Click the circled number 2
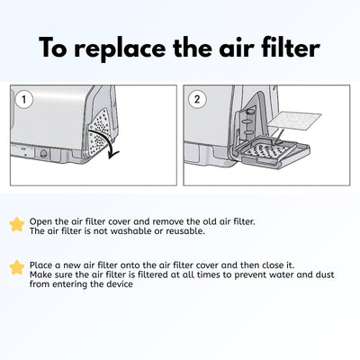click(199, 100)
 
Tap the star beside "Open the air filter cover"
click(16, 224)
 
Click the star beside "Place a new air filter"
click(16, 266)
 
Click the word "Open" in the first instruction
click(40, 220)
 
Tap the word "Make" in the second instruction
click(40, 275)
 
